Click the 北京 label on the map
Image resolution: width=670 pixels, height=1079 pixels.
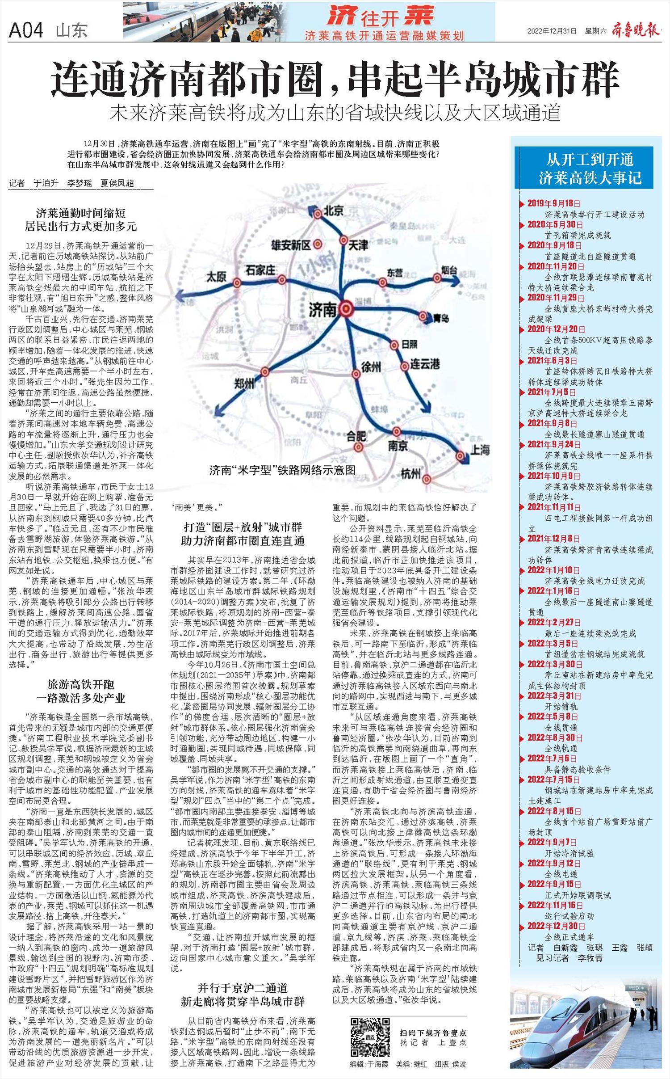tap(333, 211)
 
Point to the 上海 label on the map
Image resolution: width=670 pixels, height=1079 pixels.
tap(480, 449)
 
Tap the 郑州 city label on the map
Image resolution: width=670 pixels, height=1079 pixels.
tap(244, 383)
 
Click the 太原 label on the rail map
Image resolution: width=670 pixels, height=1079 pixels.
tap(216, 277)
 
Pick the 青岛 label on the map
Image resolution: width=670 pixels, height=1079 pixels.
tap(441, 318)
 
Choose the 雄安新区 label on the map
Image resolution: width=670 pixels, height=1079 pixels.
tap(291, 244)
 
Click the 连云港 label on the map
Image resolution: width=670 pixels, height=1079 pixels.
tap(425, 365)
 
